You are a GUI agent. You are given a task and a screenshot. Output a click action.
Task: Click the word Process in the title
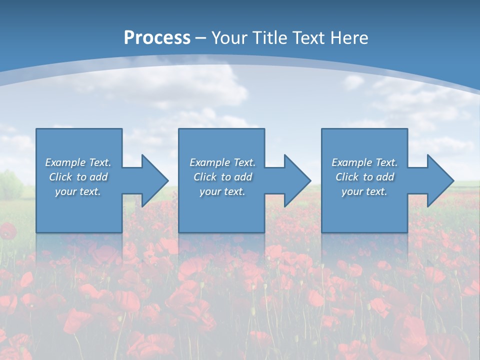pyautogui.click(x=157, y=38)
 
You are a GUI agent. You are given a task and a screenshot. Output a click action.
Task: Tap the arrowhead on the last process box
pyautogui.click(x=439, y=180)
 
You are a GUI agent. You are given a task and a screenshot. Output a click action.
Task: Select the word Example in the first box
pyautogui.click(x=65, y=162)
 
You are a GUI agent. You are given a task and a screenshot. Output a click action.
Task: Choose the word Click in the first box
pyautogui.click(x=60, y=177)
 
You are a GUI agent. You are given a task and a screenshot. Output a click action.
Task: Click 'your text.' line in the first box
pyautogui.click(x=78, y=191)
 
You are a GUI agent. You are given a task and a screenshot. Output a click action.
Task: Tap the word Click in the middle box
pyautogui.click(x=205, y=177)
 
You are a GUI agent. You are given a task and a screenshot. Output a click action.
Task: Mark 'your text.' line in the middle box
pyautogui.click(x=222, y=191)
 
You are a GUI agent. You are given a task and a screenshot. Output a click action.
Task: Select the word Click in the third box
pyautogui.click(x=347, y=177)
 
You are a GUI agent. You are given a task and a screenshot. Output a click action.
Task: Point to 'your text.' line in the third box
pyautogui.click(x=364, y=191)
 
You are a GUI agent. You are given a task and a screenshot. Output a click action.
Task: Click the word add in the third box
pyautogui.click(x=385, y=177)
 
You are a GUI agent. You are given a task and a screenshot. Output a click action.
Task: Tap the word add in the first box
pyautogui.click(x=98, y=177)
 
